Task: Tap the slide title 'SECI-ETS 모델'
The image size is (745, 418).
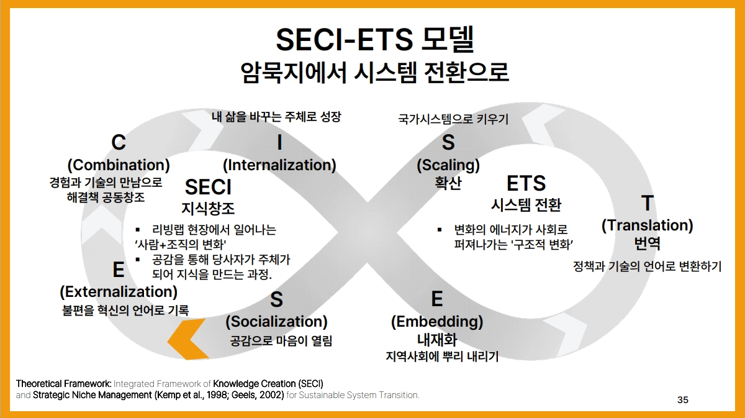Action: click(375, 40)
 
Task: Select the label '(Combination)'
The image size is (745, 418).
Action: click(119, 165)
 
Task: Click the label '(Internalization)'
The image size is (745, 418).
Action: click(279, 165)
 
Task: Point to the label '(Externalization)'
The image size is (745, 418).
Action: click(119, 292)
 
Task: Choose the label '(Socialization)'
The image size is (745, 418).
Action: click(276, 322)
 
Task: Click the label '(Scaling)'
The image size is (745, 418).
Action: click(448, 165)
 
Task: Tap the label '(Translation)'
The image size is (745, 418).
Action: click(647, 225)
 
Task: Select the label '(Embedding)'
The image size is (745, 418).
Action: click(437, 322)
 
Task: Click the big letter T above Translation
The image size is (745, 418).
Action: click(647, 202)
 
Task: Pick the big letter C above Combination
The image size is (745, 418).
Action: click(119, 142)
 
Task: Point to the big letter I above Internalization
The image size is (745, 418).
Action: click(280, 142)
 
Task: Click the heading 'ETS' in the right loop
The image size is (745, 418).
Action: click(526, 183)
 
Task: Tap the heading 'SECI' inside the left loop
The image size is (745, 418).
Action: click(208, 187)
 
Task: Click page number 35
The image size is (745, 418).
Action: click(682, 400)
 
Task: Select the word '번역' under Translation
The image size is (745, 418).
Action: click(647, 243)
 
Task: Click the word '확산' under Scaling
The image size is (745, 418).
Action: click(448, 183)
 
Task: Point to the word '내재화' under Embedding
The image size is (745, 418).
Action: click(437, 340)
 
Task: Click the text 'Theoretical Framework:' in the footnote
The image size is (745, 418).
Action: click(63, 384)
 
